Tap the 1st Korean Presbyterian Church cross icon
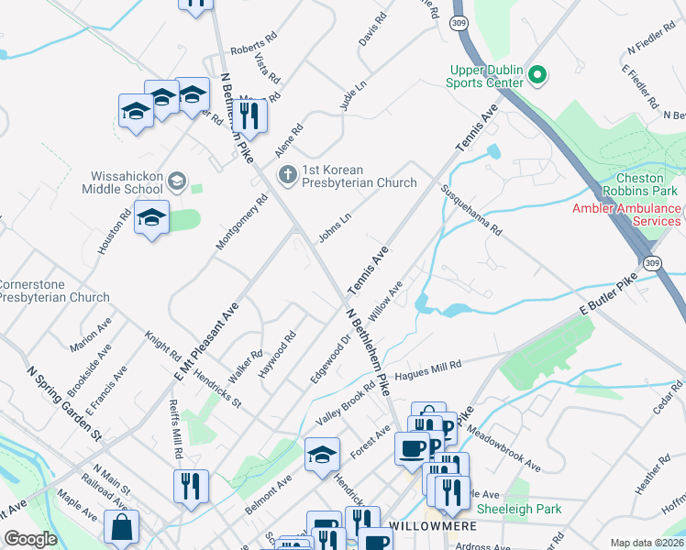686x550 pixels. (x=288, y=173)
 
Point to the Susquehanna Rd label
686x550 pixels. (x=471, y=208)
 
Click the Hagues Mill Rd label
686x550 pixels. (x=427, y=370)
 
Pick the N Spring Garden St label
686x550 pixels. (x=64, y=404)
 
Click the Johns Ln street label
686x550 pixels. (x=335, y=228)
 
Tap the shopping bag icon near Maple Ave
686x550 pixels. (x=121, y=527)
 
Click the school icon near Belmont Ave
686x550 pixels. (x=323, y=454)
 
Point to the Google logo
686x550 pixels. (x=31, y=539)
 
